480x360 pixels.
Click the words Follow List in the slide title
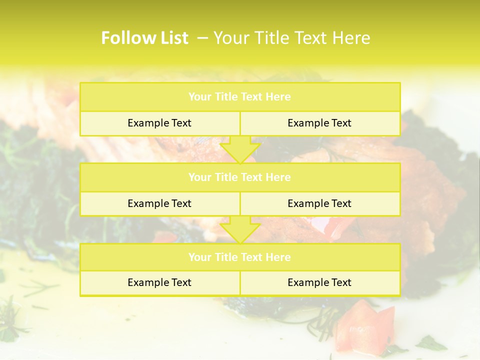144,38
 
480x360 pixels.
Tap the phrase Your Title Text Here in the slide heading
291,38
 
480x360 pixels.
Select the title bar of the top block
239,97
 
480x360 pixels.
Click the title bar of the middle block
239,177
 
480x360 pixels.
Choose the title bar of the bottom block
239,257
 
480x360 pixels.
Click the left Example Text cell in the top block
159,123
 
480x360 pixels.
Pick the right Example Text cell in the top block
319,123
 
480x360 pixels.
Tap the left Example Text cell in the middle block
159,203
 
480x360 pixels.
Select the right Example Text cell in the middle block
319,203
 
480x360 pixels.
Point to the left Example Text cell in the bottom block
159,282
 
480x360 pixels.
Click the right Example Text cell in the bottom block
319,282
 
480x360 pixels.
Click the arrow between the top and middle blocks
240,149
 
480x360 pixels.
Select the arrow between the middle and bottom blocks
240,229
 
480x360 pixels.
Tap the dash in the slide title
202,38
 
